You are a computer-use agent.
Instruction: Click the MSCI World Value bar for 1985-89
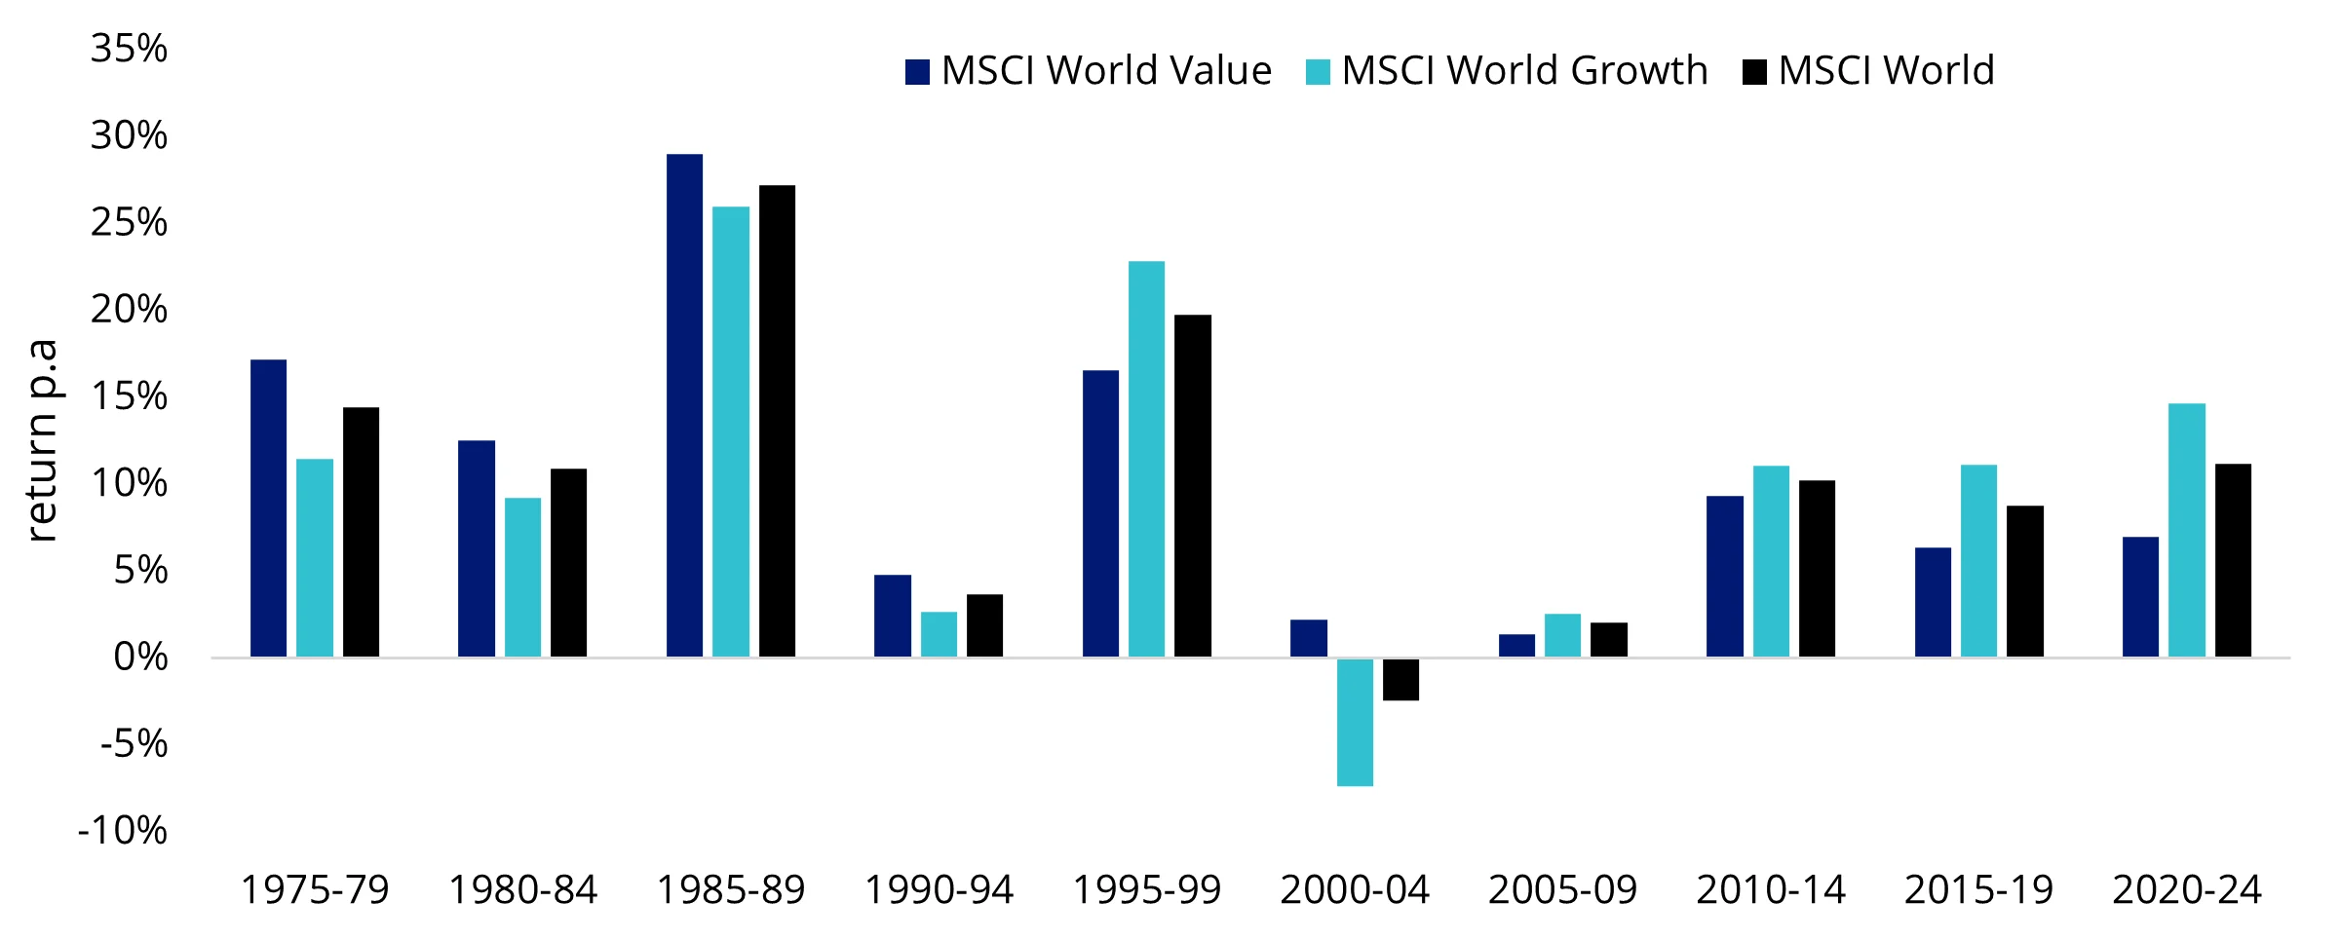[x=684, y=405]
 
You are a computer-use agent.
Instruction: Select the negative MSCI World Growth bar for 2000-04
[x=1355, y=722]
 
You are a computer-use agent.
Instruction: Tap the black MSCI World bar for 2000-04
[x=1400, y=679]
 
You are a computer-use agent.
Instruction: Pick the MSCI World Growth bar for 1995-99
[x=1146, y=459]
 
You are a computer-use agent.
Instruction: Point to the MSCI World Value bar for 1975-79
[x=268, y=508]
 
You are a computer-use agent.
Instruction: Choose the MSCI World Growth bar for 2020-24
[x=2186, y=530]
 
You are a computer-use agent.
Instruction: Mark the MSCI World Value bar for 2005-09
[x=1516, y=646]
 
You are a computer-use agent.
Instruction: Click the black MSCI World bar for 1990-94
[x=984, y=625]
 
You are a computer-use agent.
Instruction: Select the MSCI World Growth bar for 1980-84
[x=522, y=577]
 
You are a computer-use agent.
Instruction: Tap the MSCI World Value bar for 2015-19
[x=1933, y=602]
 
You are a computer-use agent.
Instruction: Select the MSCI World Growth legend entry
[x=1507, y=71]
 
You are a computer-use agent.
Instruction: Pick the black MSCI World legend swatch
[x=1754, y=72]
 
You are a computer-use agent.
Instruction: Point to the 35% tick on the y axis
[x=129, y=49]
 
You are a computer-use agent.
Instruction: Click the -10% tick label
[x=123, y=831]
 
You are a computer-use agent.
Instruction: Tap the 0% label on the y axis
[x=140, y=658]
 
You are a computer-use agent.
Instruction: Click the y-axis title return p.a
[x=42, y=440]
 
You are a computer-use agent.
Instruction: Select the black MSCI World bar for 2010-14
[x=1817, y=569]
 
